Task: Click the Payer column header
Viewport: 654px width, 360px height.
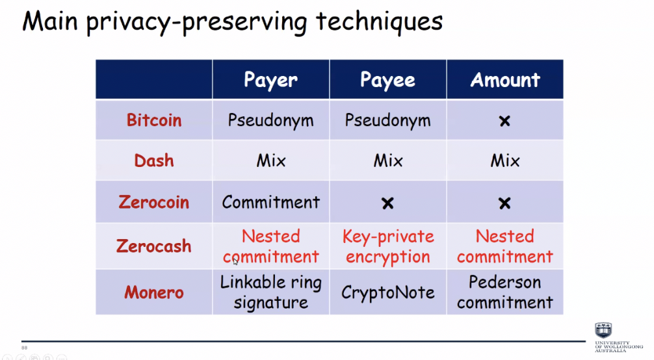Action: click(270, 80)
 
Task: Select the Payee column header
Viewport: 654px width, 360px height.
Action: click(387, 80)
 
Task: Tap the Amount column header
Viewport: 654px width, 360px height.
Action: click(505, 79)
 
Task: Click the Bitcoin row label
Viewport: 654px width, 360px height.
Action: click(154, 120)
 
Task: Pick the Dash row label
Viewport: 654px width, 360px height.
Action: click(154, 161)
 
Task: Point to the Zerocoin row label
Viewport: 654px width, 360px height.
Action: click(154, 202)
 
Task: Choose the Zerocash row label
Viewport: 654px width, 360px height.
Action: click(154, 246)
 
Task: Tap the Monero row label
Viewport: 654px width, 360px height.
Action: click(154, 292)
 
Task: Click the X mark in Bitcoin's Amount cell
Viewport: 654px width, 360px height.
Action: click(504, 121)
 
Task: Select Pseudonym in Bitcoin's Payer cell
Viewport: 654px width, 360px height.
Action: click(270, 121)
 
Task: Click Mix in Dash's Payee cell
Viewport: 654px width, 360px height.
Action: click(388, 161)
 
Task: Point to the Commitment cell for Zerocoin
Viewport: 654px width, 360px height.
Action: click(270, 202)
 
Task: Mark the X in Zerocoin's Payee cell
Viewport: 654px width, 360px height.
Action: click(387, 203)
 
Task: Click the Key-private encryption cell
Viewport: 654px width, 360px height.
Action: click(388, 247)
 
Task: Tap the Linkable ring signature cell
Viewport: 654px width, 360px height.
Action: click(270, 292)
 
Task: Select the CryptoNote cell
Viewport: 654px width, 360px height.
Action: click(388, 292)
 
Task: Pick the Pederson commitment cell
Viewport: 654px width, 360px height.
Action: click(505, 292)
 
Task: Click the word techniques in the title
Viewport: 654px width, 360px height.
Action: click(379, 21)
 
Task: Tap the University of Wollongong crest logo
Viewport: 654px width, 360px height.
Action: click(603, 330)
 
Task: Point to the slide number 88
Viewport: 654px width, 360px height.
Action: click(24, 348)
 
